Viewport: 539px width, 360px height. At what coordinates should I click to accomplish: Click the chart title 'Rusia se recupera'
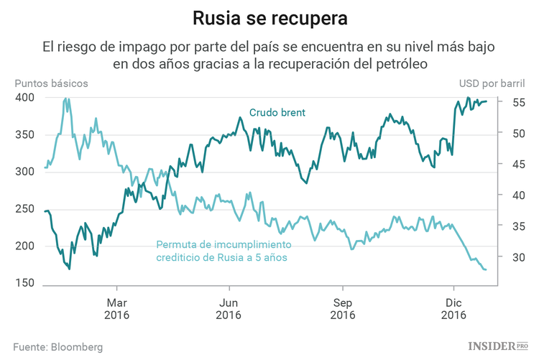pyautogui.click(x=269, y=17)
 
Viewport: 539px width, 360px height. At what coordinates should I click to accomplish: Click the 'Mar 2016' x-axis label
pyautogui.click(x=116, y=308)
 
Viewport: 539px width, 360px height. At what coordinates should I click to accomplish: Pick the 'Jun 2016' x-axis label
pyautogui.click(x=229, y=308)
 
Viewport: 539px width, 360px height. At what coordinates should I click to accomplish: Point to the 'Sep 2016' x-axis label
pyautogui.click(x=342, y=308)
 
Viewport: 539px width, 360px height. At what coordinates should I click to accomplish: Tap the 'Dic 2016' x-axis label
pyautogui.click(x=453, y=308)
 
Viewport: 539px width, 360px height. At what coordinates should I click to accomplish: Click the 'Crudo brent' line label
pyautogui.click(x=277, y=113)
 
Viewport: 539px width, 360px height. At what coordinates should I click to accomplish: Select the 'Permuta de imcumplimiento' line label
pyautogui.click(x=221, y=244)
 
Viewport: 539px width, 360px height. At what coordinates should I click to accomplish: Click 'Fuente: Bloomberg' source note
pyautogui.click(x=57, y=347)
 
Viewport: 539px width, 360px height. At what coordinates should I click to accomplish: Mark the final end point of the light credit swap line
pyautogui.click(x=486, y=269)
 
